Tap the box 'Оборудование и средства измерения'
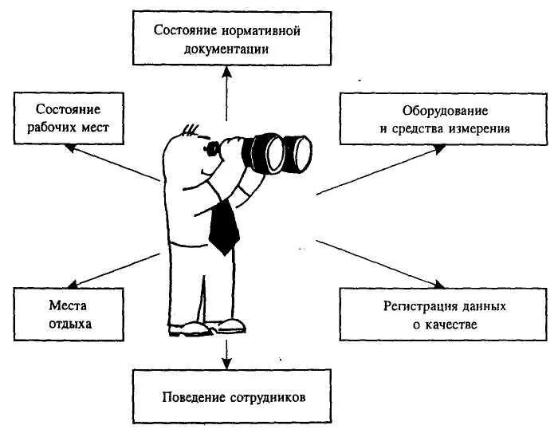click(x=444, y=117)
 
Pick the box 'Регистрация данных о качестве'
click(x=444, y=314)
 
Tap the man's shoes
click(x=206, y=326)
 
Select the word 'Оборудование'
click(x=444, y=108)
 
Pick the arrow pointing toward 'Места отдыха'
click(x=112, y=269)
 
